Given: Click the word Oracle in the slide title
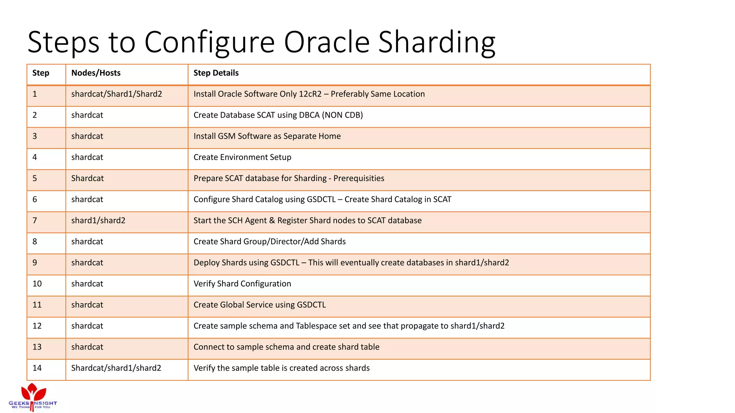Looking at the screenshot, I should tap(327, 42).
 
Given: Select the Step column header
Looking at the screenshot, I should tap(41, 73).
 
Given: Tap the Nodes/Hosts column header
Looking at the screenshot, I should tap(96, 73).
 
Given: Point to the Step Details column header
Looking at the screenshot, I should tap(216, 73).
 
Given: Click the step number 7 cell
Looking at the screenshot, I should tap(35, 220).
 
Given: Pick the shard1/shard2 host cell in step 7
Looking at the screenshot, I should tap(98, 220).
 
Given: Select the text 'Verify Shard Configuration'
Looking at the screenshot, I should tap(242, 284).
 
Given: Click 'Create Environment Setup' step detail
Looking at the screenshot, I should tap(242, 157).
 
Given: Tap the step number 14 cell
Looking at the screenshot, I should tap(37, 368).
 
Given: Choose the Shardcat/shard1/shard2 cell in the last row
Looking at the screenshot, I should tap(116, 368).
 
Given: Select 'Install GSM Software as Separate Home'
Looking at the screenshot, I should tap(267, 136).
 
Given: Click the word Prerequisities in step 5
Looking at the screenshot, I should tap(359, 179).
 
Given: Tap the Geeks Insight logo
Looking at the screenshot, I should tap(33, 397).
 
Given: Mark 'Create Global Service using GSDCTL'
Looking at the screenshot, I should tap(259, 305).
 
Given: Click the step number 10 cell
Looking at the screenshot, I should tap(37, 284).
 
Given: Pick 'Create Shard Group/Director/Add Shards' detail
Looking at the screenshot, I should tap(270, 242).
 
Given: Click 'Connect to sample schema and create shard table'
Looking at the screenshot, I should tap(286, 347).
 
